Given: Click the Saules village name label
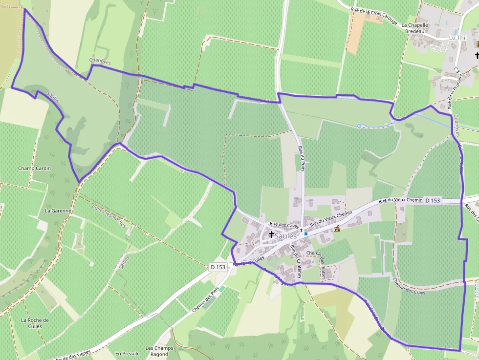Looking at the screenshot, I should [x=286, y=236].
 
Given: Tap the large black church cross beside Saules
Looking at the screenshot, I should [x=272, y=235].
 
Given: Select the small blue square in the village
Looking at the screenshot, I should [x=306, y=234].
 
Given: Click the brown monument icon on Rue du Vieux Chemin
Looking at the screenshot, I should [x=337, y=228].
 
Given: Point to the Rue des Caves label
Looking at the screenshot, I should [x=284, y=225].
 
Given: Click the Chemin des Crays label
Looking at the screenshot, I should [x=409, y=286].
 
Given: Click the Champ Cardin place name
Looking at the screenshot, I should [x=34, y=169].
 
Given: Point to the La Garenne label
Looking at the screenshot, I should [x=58, y=211].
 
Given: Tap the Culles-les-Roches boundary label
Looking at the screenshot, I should [x=109, y=216].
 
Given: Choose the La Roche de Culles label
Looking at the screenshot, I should [x=35, y=323].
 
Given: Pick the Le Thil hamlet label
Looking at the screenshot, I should [x=458, y=38].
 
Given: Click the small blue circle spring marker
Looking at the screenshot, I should [x=359, y=126].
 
